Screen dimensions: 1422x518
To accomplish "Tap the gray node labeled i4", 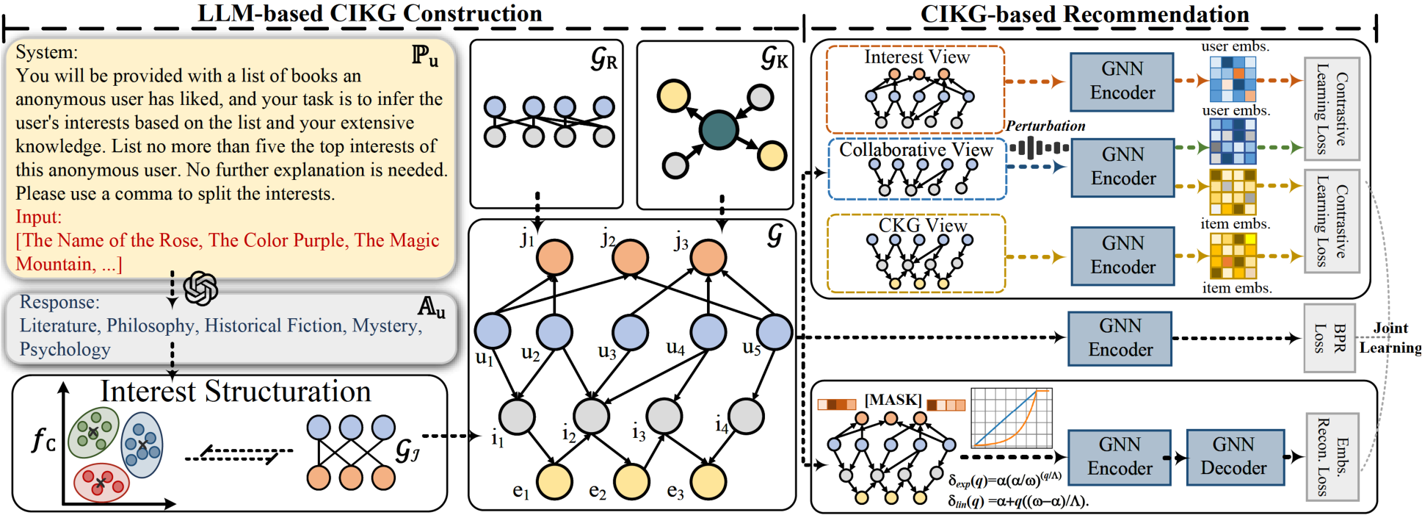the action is [747, 417].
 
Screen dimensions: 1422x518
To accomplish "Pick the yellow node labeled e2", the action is [631, 482].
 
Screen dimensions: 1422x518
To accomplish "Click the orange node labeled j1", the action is [554, 257].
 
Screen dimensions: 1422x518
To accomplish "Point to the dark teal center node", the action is [718, 130].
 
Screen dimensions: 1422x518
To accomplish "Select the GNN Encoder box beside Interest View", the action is [1122, 82].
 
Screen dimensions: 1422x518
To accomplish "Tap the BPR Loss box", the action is [1329, 338].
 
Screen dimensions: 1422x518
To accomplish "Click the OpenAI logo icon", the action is [200, 288].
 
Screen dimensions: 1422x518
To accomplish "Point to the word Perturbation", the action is [1045, 126].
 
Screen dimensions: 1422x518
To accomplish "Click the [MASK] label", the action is [893, 400].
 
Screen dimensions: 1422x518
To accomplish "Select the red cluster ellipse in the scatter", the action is [101, 483].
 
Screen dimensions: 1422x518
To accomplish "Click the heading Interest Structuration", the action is [236, 392].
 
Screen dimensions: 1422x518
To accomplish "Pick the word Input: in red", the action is [39, 217].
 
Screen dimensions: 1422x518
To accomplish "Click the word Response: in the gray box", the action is [59, 302].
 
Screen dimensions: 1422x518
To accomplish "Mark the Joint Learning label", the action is [1390, 338].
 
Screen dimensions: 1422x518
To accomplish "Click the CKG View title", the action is [923, 225].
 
